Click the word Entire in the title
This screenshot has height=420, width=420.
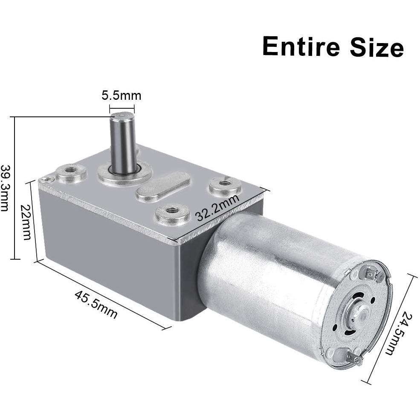coord(301,46)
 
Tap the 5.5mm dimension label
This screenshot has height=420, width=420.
coord(122,96)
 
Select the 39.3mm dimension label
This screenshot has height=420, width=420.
coord(5,188)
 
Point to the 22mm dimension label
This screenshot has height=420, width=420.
coord(26,222)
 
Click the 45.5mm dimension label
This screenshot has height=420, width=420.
coord(96,304)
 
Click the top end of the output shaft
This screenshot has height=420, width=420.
coord(122,116)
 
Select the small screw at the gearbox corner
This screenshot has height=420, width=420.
coord(46,179)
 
